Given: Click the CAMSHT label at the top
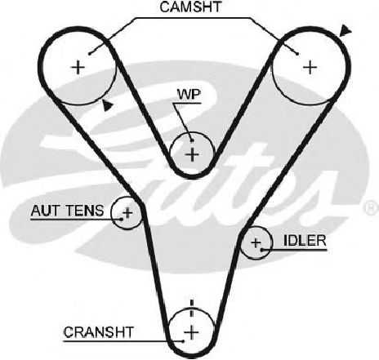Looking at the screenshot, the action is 190,7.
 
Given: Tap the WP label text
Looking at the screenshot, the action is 189,95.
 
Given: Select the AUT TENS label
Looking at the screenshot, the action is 67,211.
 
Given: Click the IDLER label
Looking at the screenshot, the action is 305,240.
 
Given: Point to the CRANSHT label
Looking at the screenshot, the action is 99,332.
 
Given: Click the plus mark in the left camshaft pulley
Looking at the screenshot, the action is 78,67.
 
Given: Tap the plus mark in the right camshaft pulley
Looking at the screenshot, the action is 310,67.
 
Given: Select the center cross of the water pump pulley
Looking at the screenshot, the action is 192,154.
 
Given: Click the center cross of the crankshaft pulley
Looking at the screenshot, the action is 191,332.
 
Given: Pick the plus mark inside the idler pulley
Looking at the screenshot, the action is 256,242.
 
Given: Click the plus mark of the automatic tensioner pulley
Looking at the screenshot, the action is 127,212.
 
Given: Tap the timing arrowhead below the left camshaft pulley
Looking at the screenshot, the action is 108,105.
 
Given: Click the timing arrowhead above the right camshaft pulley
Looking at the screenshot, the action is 346,30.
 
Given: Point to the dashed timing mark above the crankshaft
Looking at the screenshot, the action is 192,308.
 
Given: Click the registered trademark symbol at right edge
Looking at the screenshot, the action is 372,208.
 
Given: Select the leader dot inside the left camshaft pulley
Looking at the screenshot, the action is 90,54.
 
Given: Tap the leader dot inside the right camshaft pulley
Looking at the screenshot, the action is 297,54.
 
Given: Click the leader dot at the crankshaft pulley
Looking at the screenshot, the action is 184,341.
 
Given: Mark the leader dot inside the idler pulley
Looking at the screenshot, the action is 261,250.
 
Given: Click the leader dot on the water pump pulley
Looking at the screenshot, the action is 192,140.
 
